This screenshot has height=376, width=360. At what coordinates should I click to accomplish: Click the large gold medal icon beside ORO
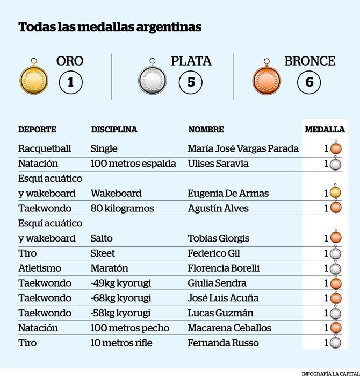click(x=34, y=79)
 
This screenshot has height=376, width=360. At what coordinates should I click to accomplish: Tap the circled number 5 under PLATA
click(x=191, y=82)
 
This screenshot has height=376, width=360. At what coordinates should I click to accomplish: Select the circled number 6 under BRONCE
click(x=309, y=82)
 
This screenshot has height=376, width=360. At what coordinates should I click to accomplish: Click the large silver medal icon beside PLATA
click(x=153, y=79)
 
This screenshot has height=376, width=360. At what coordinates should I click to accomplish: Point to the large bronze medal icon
click(x=267, y=79)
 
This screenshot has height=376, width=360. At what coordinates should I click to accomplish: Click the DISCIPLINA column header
click(x=114, y=130)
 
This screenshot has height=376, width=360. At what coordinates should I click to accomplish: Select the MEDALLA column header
click(x=325, y=130)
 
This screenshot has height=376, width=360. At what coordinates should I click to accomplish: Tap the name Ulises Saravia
click(x=218, y=164)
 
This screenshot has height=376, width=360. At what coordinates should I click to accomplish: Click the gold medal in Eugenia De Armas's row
click(x=335, y=191)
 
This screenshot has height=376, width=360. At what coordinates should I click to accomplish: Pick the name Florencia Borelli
click(x=224, y=268)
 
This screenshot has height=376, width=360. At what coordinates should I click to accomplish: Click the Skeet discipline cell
click(x=103, y=253)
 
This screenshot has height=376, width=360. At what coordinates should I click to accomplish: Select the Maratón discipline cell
click(x=109, y=268)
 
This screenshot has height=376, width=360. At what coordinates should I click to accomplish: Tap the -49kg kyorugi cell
click(x=120, y=283)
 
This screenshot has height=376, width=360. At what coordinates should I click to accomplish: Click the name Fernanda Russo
click(x=223, y=343)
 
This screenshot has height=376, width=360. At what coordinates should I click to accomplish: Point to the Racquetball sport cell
click(x=45, y=148)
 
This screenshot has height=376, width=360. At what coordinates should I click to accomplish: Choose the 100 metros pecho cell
click(x=130, y=328)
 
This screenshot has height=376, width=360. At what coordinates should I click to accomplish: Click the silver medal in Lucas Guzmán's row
click(x=335, y=313)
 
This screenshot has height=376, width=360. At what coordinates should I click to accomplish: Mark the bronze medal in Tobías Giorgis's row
click(x=336, y=237)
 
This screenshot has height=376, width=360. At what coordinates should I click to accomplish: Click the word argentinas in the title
click(x=169, y=27)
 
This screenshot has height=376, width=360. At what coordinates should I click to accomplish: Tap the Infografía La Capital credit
click(x=330, y=374)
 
